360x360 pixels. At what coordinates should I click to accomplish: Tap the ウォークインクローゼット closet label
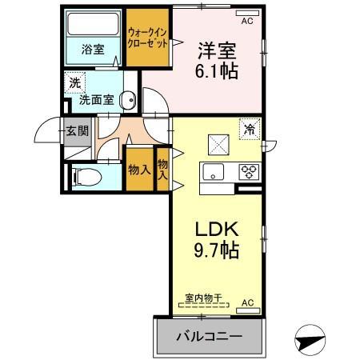148,38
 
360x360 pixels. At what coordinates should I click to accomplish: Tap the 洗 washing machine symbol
74,82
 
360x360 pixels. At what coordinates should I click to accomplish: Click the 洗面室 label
97,101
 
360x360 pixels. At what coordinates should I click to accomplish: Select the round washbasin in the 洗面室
126,99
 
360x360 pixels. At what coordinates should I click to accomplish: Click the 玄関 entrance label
77,131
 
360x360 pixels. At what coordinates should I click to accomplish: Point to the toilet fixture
86,176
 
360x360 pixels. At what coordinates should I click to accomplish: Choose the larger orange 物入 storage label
140,170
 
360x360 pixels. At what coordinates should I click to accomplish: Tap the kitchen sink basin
214,170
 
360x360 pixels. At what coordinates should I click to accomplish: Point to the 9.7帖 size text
217,250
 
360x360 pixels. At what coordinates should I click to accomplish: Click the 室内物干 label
202,298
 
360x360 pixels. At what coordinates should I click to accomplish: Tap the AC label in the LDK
247,302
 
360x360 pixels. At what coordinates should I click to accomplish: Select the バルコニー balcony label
209,336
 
